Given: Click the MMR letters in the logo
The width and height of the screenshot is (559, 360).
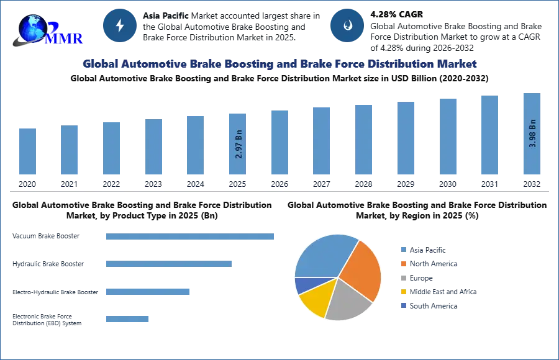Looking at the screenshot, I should point(63,38).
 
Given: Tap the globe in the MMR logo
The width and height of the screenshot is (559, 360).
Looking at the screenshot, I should point(32,28).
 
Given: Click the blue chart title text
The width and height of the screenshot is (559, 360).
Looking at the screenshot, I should point(279,64).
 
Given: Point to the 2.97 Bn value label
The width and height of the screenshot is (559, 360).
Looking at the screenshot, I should point(239,145).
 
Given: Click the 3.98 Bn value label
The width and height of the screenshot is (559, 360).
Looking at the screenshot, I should point(532,133).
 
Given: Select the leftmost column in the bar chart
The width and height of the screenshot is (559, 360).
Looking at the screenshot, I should point(27,151).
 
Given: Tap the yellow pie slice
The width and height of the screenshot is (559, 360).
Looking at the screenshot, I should point(314,299).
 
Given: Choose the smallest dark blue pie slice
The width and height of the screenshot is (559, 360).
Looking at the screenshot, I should point(302,285).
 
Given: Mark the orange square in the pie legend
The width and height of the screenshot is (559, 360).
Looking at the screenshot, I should point(403,264).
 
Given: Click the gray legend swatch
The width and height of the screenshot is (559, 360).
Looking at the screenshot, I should point(403,278).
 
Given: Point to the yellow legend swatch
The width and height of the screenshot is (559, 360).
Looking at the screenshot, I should point(403,292).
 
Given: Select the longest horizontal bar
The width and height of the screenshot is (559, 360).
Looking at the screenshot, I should point(191,238).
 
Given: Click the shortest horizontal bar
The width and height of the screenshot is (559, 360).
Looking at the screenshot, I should point(127,318).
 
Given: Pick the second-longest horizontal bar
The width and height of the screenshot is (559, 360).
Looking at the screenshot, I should point(168,263).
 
